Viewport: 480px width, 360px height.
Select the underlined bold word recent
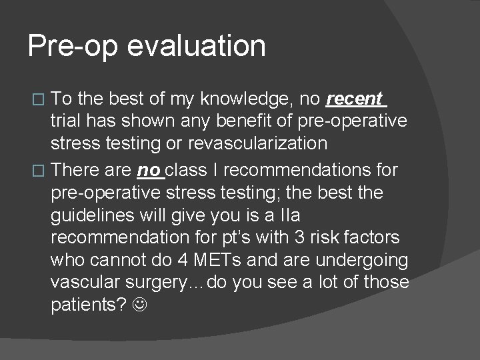[x=354, y=99]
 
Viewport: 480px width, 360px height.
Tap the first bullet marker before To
[x=39, y=101]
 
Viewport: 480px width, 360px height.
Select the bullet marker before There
[x=39, y=170]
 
